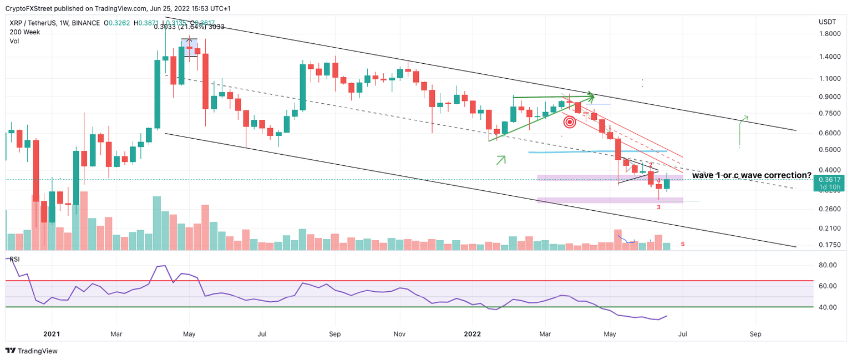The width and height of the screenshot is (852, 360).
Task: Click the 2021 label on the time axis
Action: click(52, 334)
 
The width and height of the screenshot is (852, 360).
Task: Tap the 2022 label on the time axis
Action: click(472, 334)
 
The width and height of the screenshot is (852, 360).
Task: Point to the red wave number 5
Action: click(683, 244)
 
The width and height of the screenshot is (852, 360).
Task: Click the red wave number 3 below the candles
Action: click(658, 207)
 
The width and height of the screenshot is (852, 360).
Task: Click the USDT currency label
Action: click(827, 22)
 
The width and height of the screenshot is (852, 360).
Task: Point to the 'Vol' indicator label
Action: click(14, 41)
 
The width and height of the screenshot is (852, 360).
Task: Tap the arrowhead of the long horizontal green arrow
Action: click(591, 98)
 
